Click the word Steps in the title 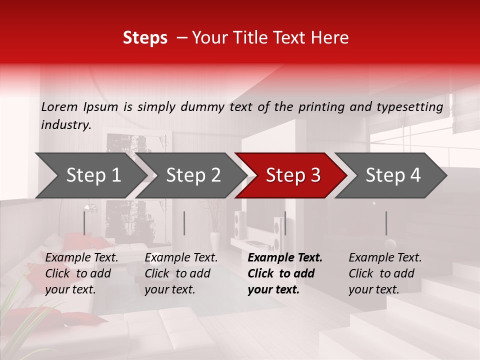coord(145,38)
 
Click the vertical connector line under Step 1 coord(84,223)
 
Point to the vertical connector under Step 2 coord(184,223)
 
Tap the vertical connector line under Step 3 coord(285,223)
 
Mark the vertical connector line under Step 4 coord(386,223)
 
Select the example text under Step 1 coord(81,273)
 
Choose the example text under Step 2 coord(181,273)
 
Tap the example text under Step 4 coord(385,273)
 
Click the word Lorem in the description coord(59,106)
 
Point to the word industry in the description coord(66,124)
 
